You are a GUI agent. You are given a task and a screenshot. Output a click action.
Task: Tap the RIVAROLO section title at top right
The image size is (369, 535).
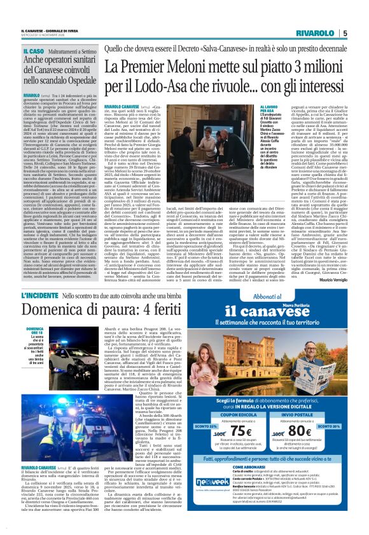(x=320, y=34)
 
